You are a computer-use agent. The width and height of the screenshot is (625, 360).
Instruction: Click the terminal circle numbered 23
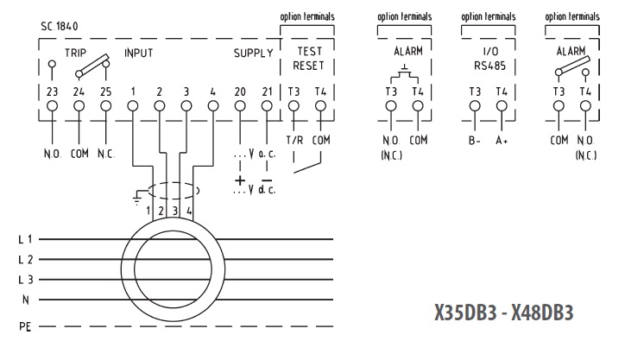pos(52,106)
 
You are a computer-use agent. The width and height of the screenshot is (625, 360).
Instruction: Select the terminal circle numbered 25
pos(105,106)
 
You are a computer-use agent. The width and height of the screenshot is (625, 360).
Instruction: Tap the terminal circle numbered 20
pos(240,106)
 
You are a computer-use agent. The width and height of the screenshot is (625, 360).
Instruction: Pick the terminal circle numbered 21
pos(267,106)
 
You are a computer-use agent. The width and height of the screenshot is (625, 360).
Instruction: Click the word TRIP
pos(76,53)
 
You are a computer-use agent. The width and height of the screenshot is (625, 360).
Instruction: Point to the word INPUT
pos(139,53)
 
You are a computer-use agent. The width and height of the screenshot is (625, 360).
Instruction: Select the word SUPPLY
pos(254,53)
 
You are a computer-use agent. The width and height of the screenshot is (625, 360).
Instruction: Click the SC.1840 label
pos(60,26)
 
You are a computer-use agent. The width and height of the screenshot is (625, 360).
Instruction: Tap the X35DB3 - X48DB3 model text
pos(504,313)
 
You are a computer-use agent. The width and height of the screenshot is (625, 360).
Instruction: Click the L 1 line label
pos(25,239)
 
